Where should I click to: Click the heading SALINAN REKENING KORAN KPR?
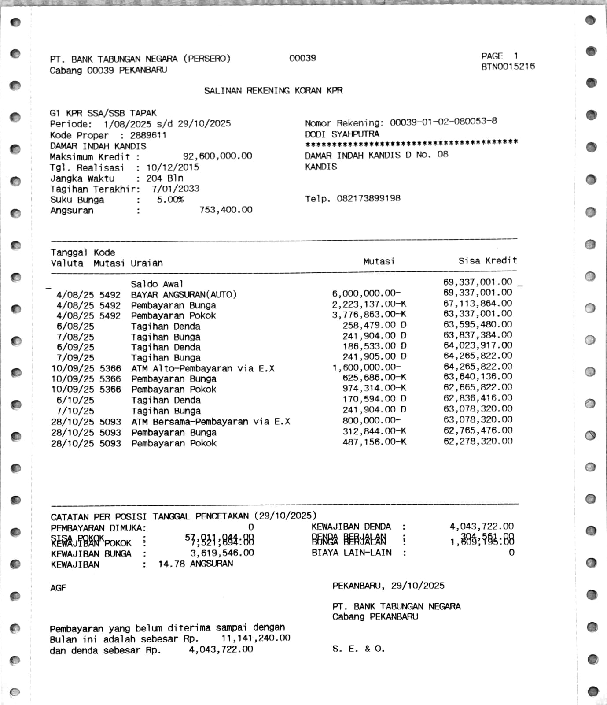click(x=273, y=91)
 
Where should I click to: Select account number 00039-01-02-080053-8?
click(x=443, y=122)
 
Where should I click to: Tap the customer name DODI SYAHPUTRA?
click(x=342, y=134)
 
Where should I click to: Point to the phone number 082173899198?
click(x=368, y=199)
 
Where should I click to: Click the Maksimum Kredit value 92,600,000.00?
click(x=217, y=156)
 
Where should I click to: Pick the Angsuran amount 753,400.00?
click(x=226, y=210)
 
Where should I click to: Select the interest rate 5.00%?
click(x=170, y=200)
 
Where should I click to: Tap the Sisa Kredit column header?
click(x=487, y=261)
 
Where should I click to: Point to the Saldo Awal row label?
click(x=157, y=284)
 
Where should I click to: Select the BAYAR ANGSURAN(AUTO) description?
click(x=184, y=294)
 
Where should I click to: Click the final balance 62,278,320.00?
click(x=478, y=442)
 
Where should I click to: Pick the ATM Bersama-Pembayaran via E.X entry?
click(x=210, y=422)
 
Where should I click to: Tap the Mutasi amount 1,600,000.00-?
click(x=366, y=368)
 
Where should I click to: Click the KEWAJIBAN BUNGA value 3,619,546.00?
click(x=222, y=553)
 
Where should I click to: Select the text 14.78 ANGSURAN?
click(x=195, y=564)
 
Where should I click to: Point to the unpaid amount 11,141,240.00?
click(x=255, y=638)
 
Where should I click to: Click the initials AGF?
click(x=58, y=588)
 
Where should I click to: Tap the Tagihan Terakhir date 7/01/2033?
click(x=175, y=189)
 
